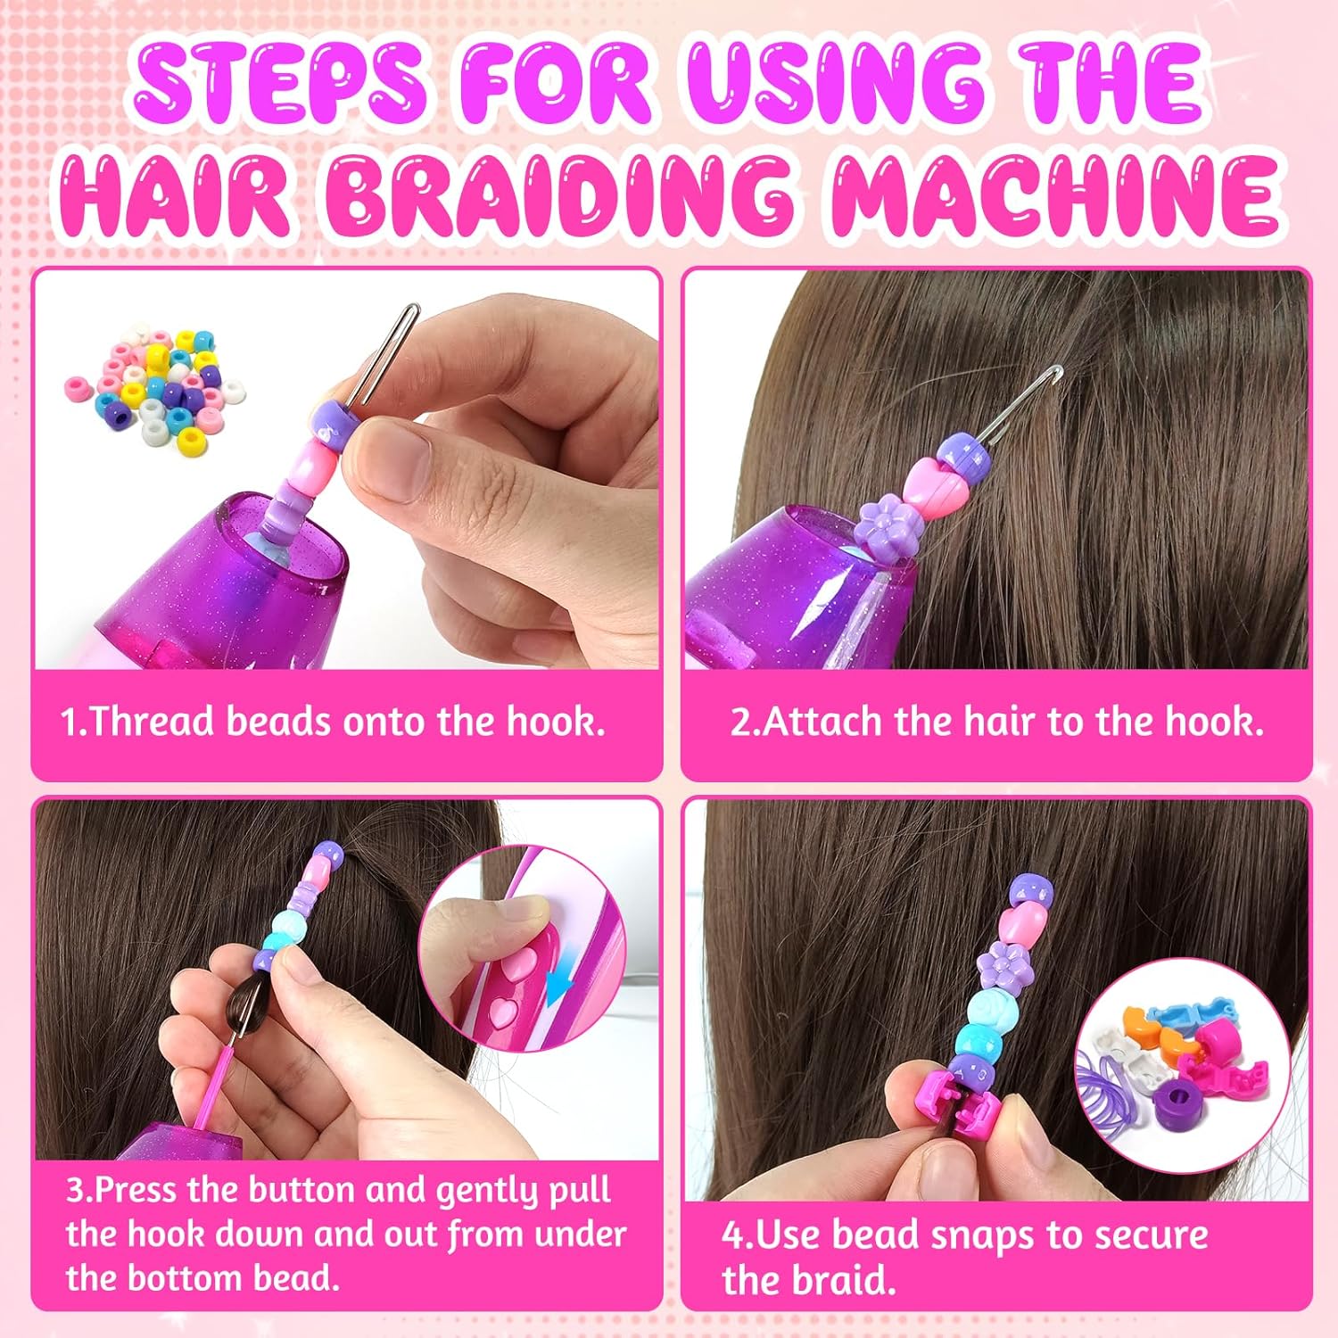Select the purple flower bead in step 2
[885, 530]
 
